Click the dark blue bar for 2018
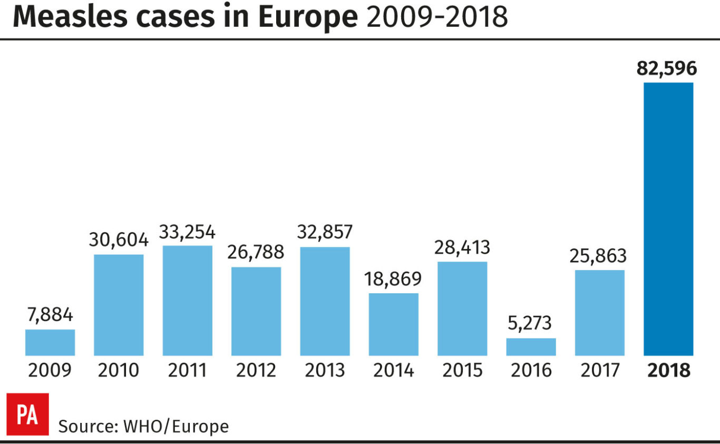[x=668, y=219]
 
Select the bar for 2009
[x=50, y=342]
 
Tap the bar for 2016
[x=531, y=346]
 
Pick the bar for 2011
[x=188, y=301]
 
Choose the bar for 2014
[x=393, y=324]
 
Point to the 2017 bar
[x=599, y=313]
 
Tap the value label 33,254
[x=188, y=231]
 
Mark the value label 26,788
[x=256, y=253]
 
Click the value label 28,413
[x=462, y=247]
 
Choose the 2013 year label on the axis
[x=325, y=370]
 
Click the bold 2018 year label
[x=668, y=370]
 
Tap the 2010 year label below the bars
[x=119, y=370]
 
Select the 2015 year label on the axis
[x=462, y=370]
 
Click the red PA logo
[x=28, y=414]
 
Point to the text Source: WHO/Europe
[x=143, y=426]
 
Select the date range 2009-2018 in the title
[x=437, y=18]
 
